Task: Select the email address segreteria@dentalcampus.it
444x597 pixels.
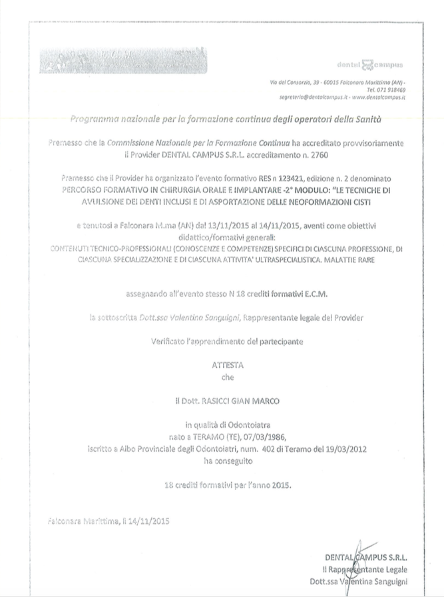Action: click(312, 97)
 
